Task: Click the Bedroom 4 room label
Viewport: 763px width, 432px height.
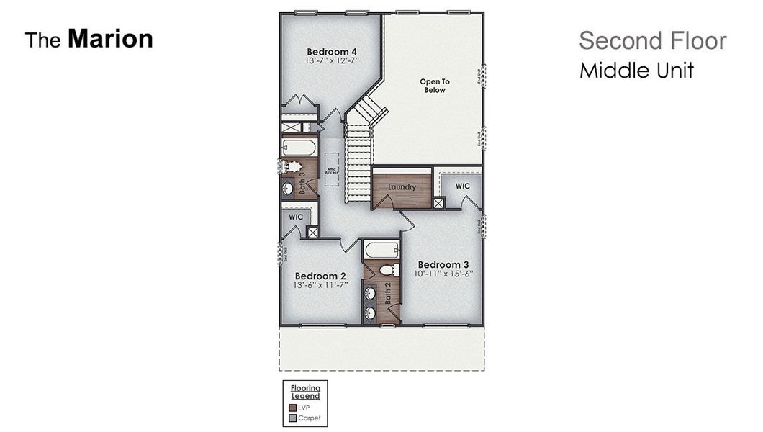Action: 332,52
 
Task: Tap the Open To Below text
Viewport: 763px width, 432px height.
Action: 435,86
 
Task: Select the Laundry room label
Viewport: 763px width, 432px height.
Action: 402,187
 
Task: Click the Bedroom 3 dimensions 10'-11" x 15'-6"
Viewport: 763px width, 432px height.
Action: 443,274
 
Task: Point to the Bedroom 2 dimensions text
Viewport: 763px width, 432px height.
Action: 320,285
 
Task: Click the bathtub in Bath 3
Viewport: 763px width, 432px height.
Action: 298,148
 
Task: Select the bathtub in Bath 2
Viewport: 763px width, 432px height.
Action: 381,251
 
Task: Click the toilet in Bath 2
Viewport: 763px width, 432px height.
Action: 387,270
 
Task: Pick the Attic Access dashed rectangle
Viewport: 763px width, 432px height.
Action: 331,169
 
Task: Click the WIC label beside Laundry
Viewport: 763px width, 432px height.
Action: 463,186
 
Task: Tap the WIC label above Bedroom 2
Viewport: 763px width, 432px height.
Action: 296,217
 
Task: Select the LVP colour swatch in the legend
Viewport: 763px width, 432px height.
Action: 293,408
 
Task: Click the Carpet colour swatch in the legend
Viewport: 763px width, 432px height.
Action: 293,418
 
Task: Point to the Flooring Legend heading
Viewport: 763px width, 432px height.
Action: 305,392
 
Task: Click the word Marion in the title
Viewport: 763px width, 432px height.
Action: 110,39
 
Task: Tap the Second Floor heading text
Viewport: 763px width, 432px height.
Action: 652,41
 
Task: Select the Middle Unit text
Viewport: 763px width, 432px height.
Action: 636,71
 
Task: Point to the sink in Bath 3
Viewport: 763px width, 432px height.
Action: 288,189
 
